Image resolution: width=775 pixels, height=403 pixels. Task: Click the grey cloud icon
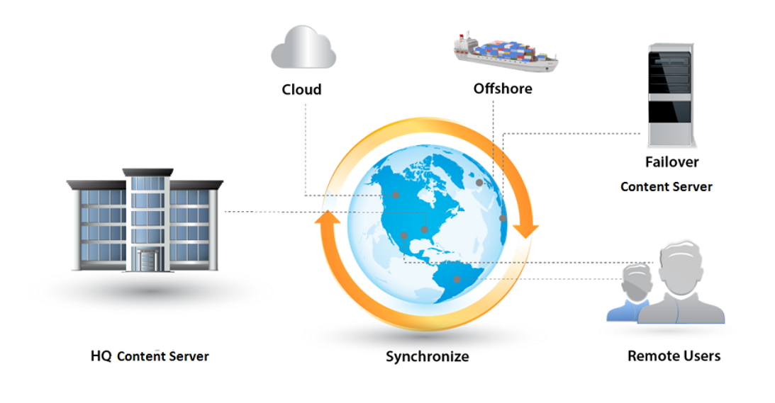(x=303, y=47)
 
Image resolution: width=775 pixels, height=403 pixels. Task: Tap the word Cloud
(x=301, y=89)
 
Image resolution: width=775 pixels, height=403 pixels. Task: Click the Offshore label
(x=503, y=89)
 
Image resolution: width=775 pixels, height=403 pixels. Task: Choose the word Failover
(x=671, y=161)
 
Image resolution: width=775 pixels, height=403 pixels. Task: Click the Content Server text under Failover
(x=666, y=187)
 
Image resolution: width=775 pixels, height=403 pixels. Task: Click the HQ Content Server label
(x=150, y=356)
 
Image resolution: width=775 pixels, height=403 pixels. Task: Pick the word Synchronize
(x=427, y=356)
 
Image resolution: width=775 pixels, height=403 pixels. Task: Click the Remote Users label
(x=674, y=356)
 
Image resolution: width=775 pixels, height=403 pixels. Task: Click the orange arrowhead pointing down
(x=525, y=230)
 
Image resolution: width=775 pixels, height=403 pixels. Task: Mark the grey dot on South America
(x=457, y=280)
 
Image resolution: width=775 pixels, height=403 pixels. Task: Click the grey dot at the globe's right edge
(x=503, y=218)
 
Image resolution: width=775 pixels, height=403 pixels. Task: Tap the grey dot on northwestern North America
(x=396, y=195)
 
